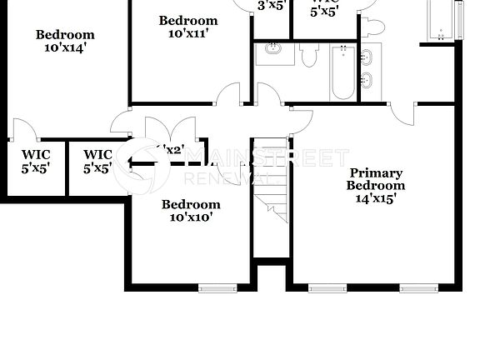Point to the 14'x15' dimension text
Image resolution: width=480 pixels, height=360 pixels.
(375, 198)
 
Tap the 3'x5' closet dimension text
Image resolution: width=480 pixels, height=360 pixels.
(272, 5)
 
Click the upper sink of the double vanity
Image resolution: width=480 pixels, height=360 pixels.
(367, 57)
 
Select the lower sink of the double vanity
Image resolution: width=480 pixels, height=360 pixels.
(367, 82)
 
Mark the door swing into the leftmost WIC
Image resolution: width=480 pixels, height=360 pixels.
(23, 129)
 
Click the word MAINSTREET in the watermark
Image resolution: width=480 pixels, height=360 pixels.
(267, 157)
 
